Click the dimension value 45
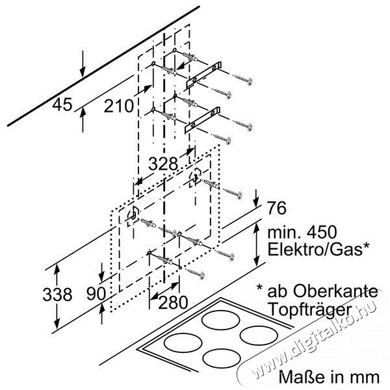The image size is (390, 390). point(62,105)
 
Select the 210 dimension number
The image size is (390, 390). point(119,106)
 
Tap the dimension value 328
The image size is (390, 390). point(163,164)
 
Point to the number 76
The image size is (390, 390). point(277,208)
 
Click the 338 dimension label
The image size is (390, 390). point(57,294)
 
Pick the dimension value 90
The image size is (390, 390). point(96,294)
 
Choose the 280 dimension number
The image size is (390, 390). point(173,302)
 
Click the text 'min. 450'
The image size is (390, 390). point(302,232)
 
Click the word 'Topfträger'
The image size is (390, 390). point(311,310)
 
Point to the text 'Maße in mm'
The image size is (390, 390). point(329,377)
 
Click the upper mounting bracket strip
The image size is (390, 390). point(204,74)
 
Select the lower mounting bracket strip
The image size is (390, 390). point(202,120)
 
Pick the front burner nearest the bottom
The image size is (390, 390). point(222,358)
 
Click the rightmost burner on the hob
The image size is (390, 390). point(259,335)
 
